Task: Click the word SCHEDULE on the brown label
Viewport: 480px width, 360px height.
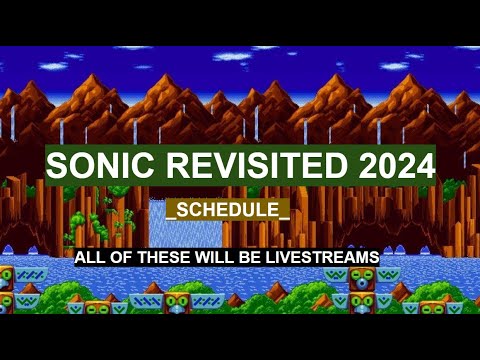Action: [x=228, y=210]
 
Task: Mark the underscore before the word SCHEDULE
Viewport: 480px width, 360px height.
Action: [x=172, y=217]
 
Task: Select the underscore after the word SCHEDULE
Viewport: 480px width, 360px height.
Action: [x=285, y=217]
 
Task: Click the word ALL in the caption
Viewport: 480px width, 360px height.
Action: [x=89, y=258]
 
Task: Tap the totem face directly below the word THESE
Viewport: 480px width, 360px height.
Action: [x=177, y=301]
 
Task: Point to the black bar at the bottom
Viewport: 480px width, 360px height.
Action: [x=240, y=337]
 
